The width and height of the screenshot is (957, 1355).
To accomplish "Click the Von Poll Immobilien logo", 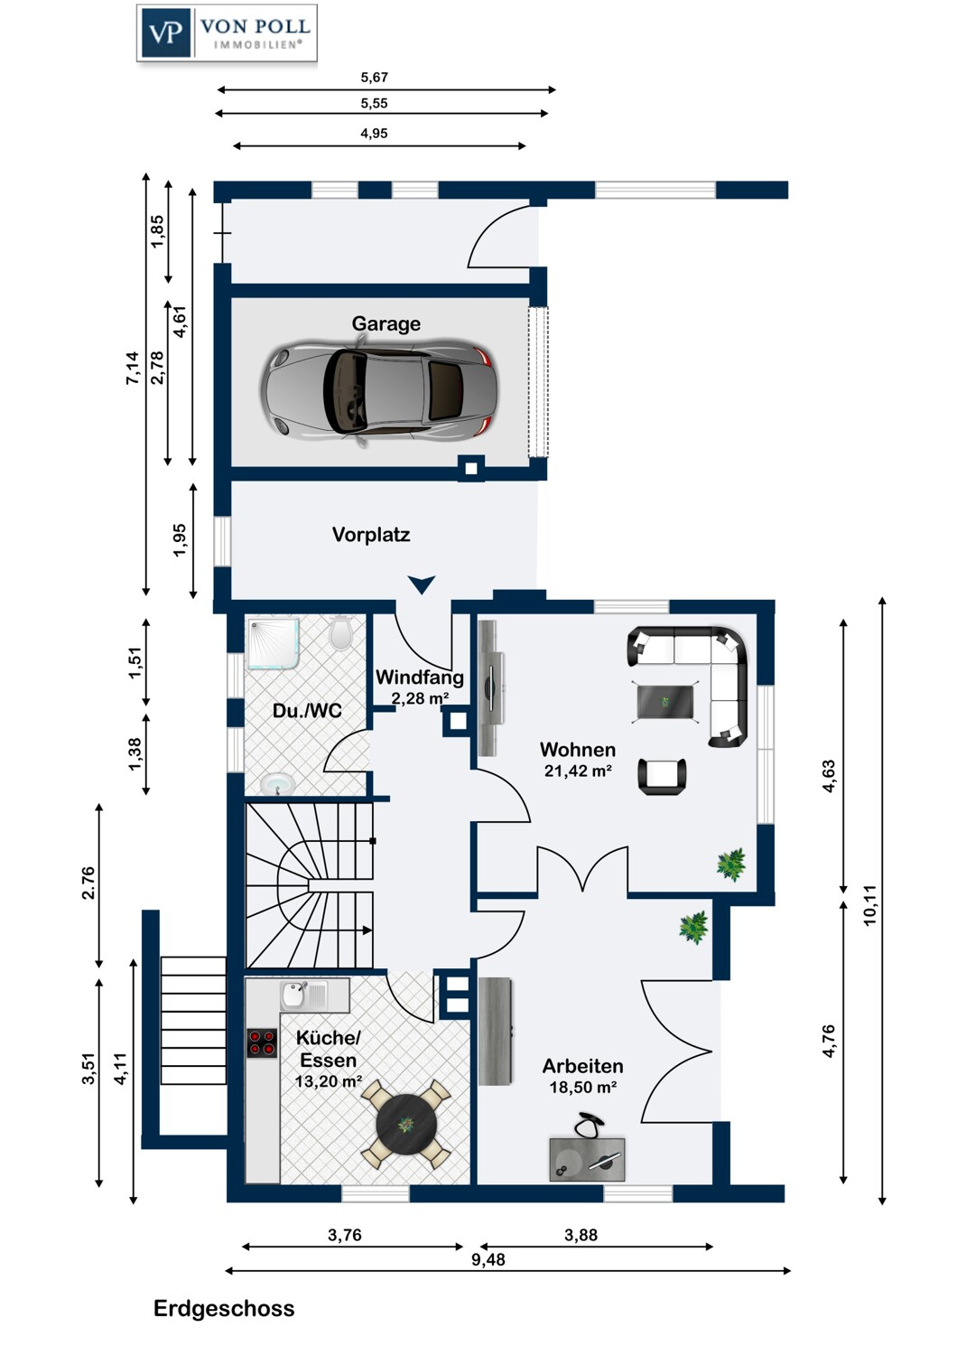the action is coord(227,33).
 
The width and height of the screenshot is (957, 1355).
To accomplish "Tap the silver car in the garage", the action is coord(380,391).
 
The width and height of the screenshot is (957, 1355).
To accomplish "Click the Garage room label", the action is coord(386,323).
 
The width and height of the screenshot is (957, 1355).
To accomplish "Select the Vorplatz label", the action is coord(371,535).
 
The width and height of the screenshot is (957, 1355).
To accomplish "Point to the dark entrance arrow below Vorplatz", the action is coord(422,584).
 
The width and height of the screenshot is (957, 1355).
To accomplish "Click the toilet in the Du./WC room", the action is coord(341,632).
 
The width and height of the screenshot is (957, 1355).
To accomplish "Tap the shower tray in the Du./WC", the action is coord(274,643).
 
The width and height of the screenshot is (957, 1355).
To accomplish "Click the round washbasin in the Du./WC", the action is coord(277,785).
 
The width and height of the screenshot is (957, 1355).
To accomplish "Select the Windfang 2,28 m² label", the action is coord(420,687).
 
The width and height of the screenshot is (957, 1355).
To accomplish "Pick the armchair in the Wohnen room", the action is coord(663,776).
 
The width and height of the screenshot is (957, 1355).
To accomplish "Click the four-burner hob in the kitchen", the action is coord(262,1043).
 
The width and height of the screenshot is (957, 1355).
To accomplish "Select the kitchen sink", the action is coord(304,996).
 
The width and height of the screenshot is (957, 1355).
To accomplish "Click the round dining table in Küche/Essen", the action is coord(407,1125).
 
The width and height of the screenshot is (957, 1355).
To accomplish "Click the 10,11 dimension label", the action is coord(869,905).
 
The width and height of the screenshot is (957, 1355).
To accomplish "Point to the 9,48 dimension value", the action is coord(488,1260).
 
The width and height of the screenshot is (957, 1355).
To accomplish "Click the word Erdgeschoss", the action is coord(224,1308).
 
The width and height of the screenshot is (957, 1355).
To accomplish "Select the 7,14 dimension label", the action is coord(133,368).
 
